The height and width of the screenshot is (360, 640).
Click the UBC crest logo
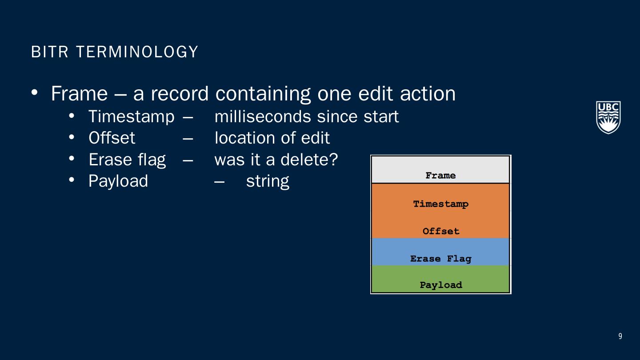[608, 117]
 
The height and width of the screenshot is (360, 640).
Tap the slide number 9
[620, 336]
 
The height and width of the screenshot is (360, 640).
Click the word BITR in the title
[50, 52]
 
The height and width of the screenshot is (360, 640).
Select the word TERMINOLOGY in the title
[137, 52]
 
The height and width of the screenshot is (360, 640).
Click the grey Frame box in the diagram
[440, 169]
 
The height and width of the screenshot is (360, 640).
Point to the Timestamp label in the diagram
[440, 204]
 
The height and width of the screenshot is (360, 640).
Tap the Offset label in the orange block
[441, 231]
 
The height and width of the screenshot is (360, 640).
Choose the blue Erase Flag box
[440, 252]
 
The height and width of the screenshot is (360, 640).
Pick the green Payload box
[440, 279]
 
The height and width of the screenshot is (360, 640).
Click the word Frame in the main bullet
[80, 93]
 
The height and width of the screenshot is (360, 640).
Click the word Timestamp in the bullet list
[132, 117]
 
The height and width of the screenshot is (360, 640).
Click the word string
[268, 181]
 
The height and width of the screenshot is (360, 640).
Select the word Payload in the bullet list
[118, 181]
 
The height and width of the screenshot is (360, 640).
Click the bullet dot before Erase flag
[72, 158]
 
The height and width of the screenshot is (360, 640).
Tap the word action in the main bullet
[428, 94]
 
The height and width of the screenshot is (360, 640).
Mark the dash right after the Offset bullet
[188, 139]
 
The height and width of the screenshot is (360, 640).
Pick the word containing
[263, 94]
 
